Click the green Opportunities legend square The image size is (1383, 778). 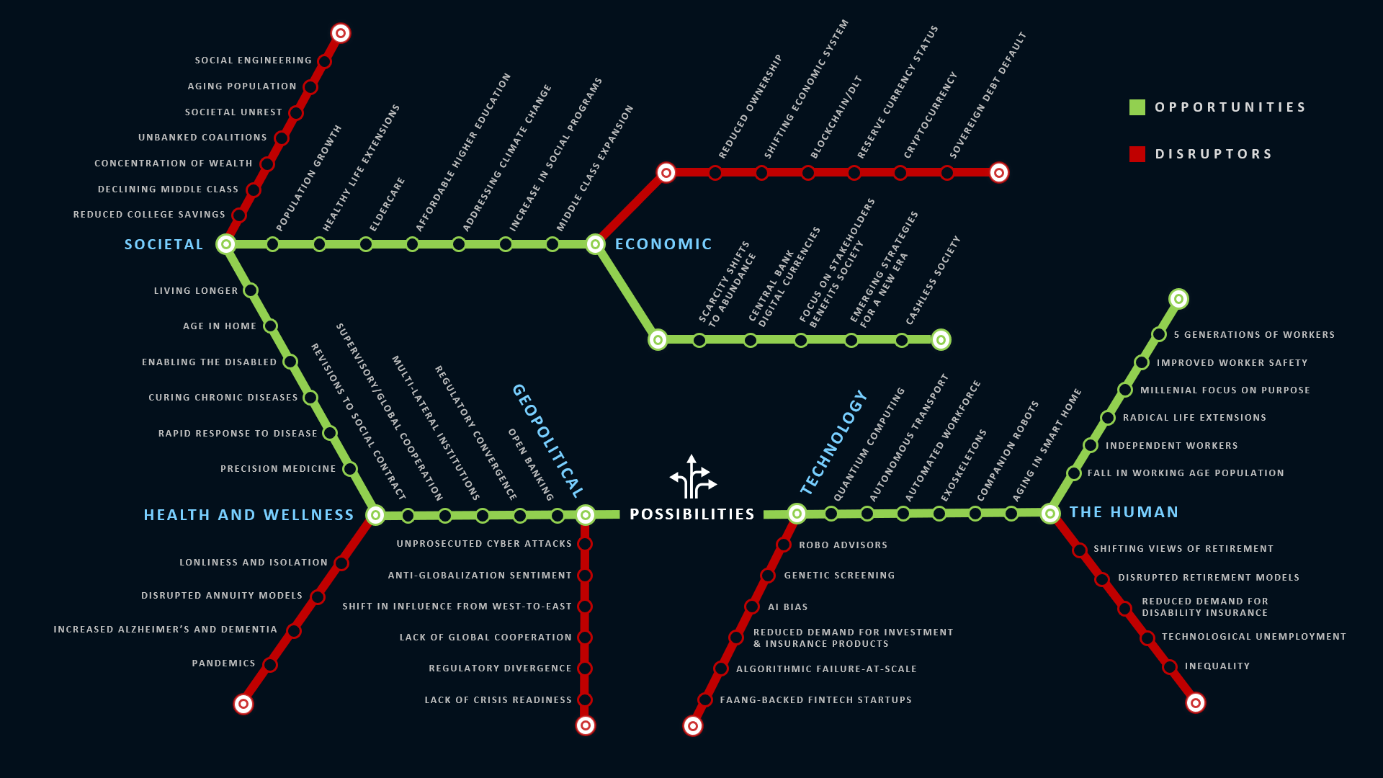coord(1137,107)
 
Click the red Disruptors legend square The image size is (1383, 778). coord(1137,154)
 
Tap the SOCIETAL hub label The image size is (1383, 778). coord(164,245)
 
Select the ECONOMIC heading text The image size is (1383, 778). coord(663,244)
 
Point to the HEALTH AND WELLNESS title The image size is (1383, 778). coord(249,515)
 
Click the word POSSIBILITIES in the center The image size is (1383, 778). coord(692,514)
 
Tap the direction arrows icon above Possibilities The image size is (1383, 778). coord(693,477)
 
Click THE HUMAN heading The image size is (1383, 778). coord(1124,512)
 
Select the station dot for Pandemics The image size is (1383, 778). coord(270,665)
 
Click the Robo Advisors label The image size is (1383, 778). coord(843,545)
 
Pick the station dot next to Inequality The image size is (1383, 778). coord(1170,667)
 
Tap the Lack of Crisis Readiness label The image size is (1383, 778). coord(498,700)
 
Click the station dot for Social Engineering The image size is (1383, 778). coord(324,62)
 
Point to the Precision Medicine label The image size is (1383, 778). coord(278,469)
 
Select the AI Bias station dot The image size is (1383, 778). coord(752,607)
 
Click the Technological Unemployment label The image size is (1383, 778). coord(1253,637)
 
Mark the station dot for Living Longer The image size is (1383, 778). coord(251,290)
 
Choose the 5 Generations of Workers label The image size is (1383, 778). coord(1254,335)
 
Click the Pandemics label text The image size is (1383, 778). coord(223,663)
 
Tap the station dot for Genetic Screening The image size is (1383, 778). coord(768,576)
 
